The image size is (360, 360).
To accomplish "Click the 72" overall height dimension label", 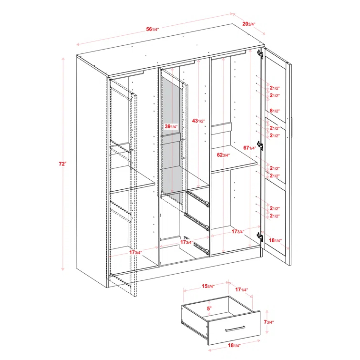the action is point(62,164).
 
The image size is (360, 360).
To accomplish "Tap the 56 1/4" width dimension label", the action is point(153,30).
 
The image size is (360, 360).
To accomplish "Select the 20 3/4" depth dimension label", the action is point(248,24).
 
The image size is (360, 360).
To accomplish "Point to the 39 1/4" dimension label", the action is point(171,126).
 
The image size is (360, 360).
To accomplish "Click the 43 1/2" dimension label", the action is point(198,121).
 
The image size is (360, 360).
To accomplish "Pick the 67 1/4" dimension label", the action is point(249,148).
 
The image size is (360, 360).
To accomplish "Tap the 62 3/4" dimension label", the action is point(223,155).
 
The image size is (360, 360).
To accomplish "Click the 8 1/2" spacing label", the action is point(275,111).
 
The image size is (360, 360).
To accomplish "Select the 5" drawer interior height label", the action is point(209,309).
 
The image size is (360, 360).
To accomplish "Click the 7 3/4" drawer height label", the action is point(268,322).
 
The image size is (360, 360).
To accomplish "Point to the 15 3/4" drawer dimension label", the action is point(208,286).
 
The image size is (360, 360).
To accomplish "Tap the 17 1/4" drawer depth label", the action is point(242,290).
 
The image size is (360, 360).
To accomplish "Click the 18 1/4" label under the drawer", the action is point(234,345).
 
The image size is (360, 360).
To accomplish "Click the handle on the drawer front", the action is point(235,329).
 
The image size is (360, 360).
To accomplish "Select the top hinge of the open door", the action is point(260,54).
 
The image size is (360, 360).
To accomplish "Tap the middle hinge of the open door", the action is point(260,145).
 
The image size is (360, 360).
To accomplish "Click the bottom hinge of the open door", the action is point(260,237).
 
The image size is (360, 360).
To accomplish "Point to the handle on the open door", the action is point(292,128).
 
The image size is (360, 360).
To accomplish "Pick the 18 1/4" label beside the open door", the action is point(275,240).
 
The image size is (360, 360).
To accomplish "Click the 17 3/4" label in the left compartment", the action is point(135,252).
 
